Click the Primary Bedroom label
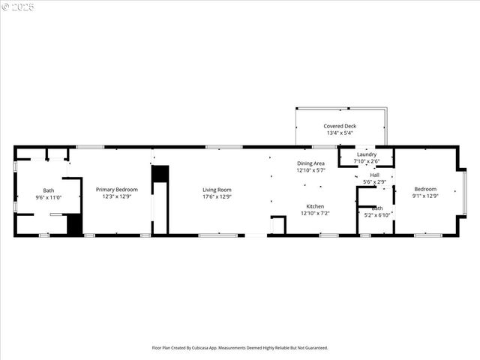pyautogui.click(x=116, y=190)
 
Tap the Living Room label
pyautogui.click(x=217, y=190)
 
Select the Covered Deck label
pyautogui.click(x=340, y=126)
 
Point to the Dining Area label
pyautogui.click(x=310, y=163)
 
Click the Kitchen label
pyautogui.click(x=315, y=206)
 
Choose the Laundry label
pyautogui.click(x=367, y=154)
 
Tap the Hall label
pyautogui.click(x=374, y=175)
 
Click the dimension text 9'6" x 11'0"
pyautogui.click(x=48, y=197)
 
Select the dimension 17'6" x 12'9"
pyautogui.click(x=217, y=196)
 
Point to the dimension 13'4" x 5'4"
pyautogui.click(x=340, y=133)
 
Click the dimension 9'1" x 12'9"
pyautogui.click(x=424, y=196)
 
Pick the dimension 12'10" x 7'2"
pyautogui.click(x=315, y=213)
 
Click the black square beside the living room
pyautogui.click(x=160, y=174)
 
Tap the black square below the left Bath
pyautogui.click(x=73, y=225)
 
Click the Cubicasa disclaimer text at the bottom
pyautogui.click(x=240, y=348)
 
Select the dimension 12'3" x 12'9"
pyautogui.click(x=116, y=196)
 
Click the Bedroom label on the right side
pyautogui.click(x=424, y=190)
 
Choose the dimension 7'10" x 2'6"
pyautogui.click(x=367, y=161)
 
